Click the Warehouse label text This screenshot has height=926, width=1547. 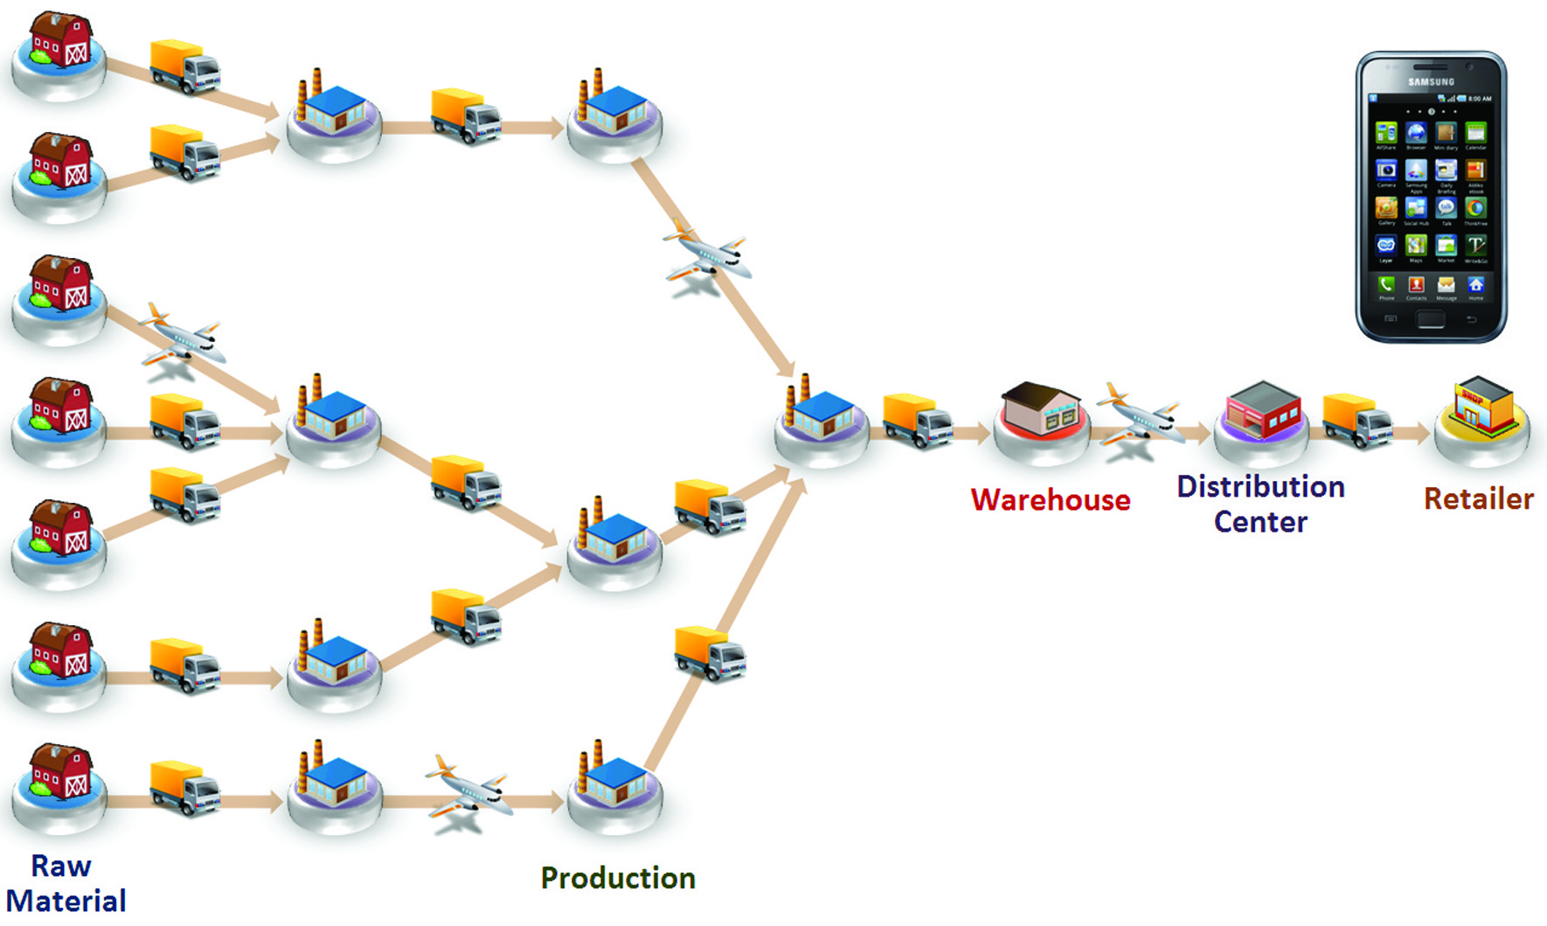pyautogui.click(x=1050, y=500)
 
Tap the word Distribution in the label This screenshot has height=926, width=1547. pyautogui.click(x=1260, y=486)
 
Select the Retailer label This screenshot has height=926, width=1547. pyautogui.click(x=1478, y=499)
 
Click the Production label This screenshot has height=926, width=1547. pyautogui.click(x=618, y=878)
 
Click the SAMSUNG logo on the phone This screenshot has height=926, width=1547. pyautogui.click(x=1431, y=82)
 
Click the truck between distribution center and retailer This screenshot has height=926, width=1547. pyautogui.click(x=1356, y=421)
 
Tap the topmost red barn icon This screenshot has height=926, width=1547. pyautogui.click(x=59, y=41)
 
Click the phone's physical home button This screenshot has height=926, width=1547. pyautogui.click(x=1431, y=320)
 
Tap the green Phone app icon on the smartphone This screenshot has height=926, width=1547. pyautogui.click(x=1386, y=284)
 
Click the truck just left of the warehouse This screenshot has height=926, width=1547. pyautogui.click(x=917, y=421)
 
